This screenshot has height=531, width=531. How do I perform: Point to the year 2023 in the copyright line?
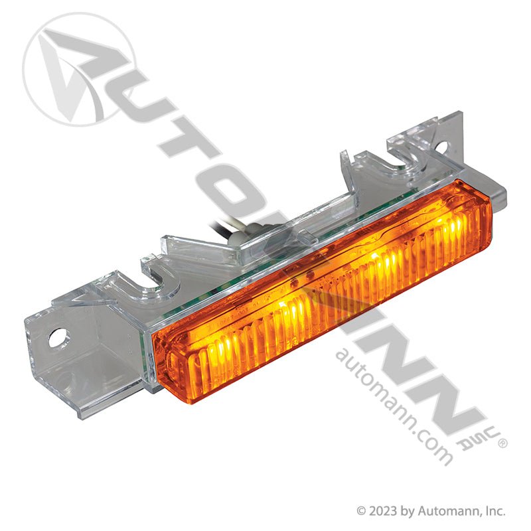click(383, 511)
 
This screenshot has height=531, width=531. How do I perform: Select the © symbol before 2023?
click(362, 512)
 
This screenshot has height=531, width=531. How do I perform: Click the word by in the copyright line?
click(406, 512)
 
